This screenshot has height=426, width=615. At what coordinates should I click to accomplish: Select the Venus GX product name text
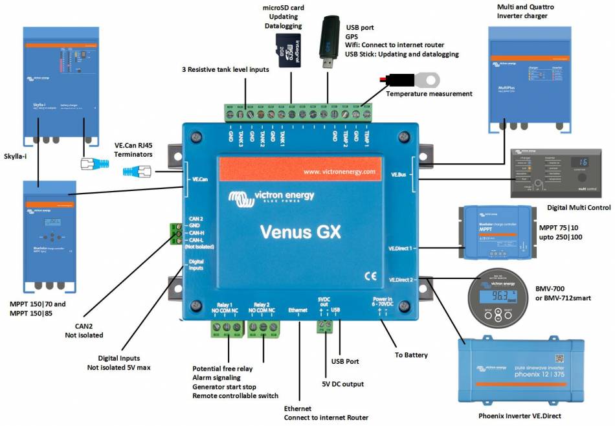tap(300, 231)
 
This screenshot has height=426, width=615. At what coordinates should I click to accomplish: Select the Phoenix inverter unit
tap(522, 374)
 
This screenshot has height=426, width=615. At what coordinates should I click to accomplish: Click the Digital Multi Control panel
tap(559, 172)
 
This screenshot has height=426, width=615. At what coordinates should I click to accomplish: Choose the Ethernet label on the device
tap(298, 310)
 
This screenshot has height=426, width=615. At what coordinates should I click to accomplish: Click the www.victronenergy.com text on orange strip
tap(339, 172)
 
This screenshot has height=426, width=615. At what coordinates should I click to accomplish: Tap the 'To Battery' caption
tap(412, 355)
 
